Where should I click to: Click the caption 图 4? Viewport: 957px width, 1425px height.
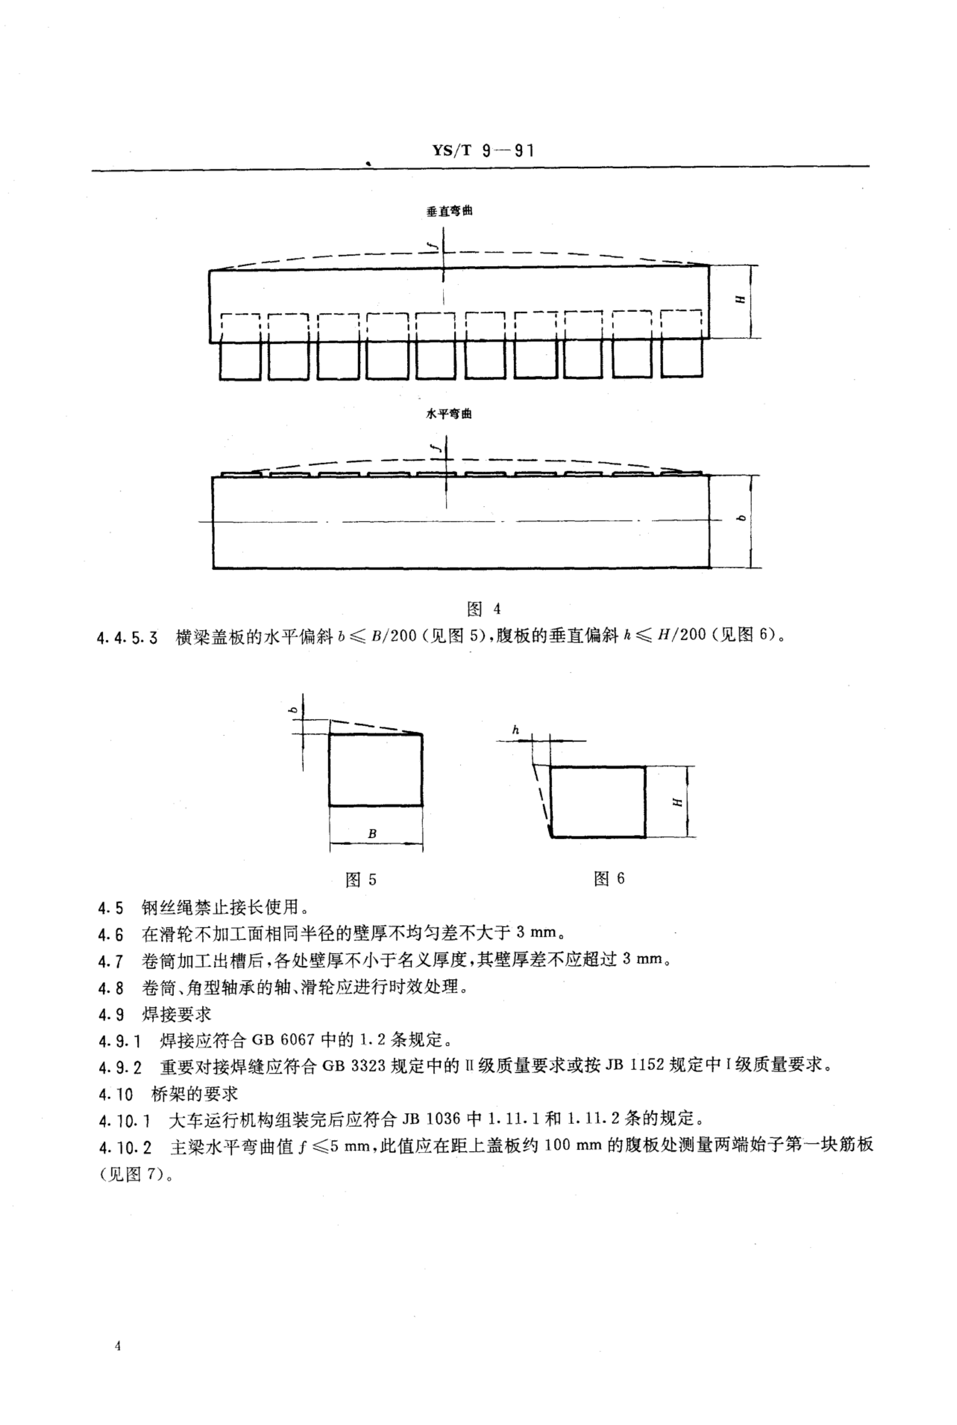coord(483,609)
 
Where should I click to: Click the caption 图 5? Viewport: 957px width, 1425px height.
coord(361,879)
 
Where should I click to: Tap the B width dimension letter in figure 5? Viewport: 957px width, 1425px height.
coord(372,834)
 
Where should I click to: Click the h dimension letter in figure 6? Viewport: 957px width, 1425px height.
coord(516,730)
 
